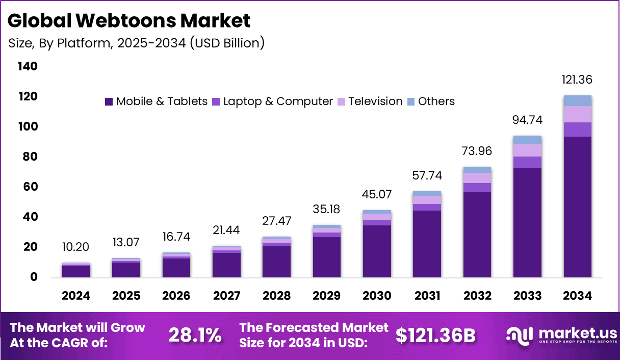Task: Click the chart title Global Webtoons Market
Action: [129, 21]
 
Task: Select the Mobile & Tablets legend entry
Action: [156, 101]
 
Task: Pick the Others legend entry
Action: [430, 101]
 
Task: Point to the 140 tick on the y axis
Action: [27, 67]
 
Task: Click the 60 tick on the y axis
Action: [30, 187]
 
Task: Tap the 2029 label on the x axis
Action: [327, 296]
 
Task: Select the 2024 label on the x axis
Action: [76, 296]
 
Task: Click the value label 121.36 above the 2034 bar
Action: [577, 80]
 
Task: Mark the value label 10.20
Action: [76, 247]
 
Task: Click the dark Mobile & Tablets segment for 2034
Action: [577, 207]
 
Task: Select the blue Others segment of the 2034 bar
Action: [577, 100]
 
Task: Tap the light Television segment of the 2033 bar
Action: [527, 150]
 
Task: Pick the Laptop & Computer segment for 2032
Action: [477, 187]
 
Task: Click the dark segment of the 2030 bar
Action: [377, 251]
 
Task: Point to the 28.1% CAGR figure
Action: [195, 335]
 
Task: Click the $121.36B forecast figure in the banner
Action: [435, 335]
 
